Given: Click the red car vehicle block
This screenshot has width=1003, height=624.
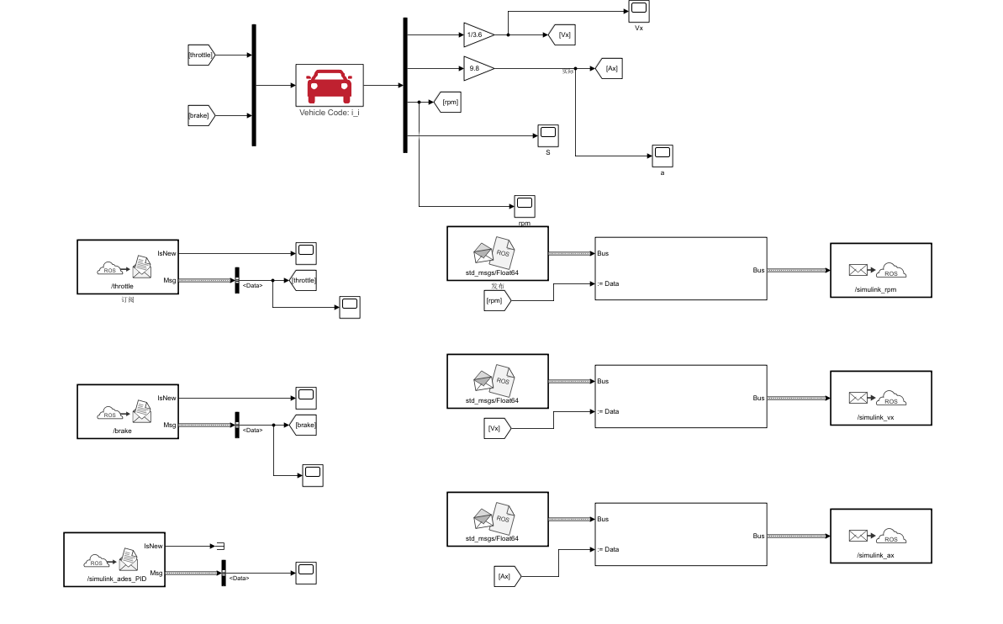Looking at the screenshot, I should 330,85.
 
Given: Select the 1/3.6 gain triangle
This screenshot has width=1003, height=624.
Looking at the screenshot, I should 477,34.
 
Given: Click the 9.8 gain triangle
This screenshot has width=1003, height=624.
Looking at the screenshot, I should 477,68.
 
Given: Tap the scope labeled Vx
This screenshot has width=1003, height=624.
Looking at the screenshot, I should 639,12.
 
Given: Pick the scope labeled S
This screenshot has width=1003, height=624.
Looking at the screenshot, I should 548,135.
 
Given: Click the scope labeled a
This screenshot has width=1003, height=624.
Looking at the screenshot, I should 662,155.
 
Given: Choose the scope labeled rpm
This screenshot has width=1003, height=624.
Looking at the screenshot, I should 525,206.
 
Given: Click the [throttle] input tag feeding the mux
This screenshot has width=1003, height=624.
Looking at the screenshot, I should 202,55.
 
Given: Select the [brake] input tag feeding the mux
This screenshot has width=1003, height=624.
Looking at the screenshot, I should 201,114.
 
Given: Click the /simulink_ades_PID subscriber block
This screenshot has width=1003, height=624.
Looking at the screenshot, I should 113,558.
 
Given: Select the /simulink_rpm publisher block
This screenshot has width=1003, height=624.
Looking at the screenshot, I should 880,270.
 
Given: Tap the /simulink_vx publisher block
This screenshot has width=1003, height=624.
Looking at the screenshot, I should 880,398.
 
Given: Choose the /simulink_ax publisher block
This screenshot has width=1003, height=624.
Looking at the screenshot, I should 880,536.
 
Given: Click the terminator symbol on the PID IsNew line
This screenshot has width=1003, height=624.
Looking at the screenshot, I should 219,546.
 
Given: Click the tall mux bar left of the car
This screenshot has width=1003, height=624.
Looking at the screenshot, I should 254,85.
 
